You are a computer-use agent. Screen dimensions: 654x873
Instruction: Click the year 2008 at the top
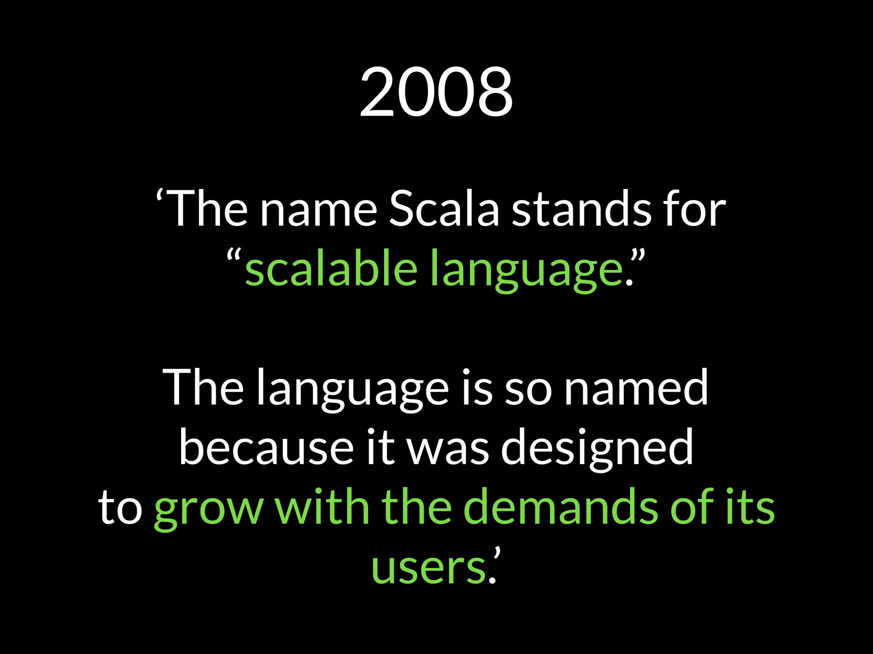click(x=436, y=92)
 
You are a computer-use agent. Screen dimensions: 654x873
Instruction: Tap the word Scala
click(x=444, y=209)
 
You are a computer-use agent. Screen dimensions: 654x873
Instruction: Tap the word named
click(x=636, y=387)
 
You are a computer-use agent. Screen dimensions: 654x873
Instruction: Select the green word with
click(x=322, y=507)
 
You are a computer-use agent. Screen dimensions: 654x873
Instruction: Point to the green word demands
click(x=561, y=507)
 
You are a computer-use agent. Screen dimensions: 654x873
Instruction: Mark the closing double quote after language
click(x=637, y=258)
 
